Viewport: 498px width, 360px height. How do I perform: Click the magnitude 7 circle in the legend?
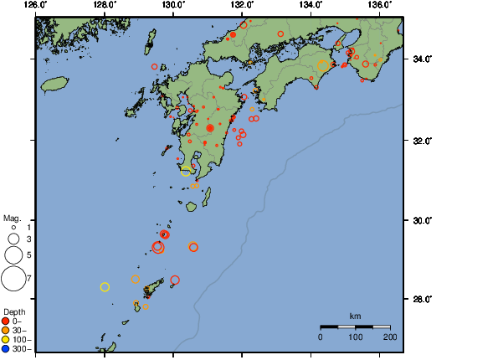13,277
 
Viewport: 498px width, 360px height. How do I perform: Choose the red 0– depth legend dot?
6,321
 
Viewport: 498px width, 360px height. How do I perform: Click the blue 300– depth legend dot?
6,348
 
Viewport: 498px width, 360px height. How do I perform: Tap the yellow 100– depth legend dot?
6,339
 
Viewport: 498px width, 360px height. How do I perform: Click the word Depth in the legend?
14,311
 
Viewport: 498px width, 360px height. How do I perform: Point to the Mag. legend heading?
13,218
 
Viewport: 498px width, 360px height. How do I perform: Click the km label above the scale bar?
355,316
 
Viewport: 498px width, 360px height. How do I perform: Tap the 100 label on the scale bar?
355,337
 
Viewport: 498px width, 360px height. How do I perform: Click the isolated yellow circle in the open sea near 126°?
105,287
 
